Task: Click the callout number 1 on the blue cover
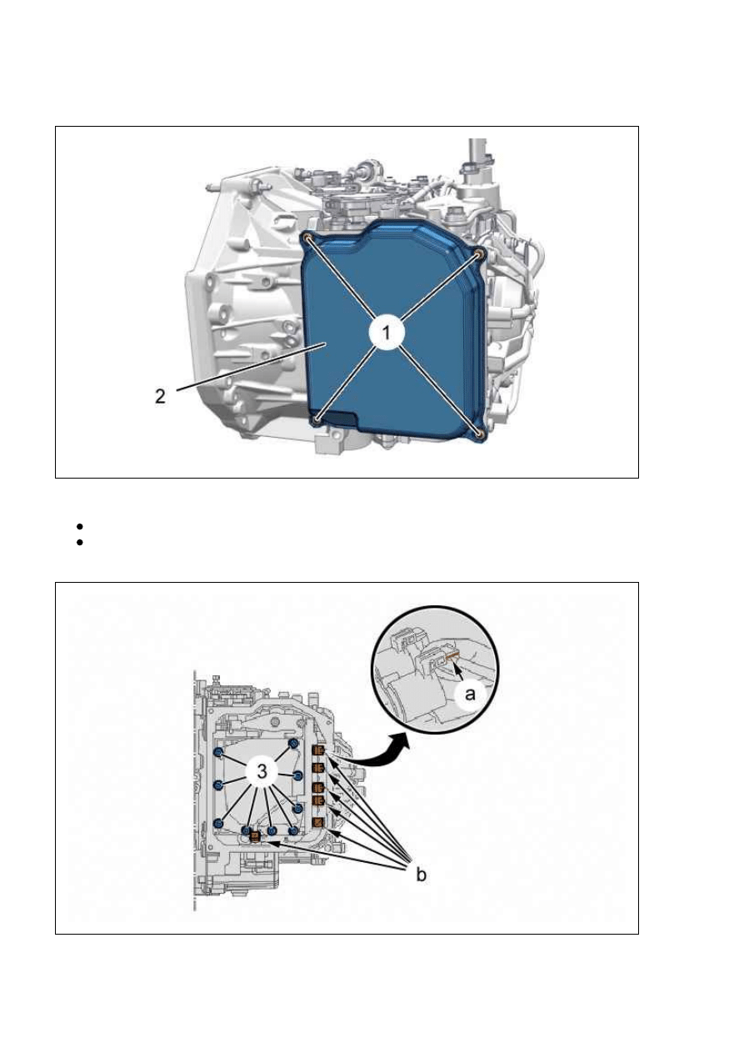pos(386,333)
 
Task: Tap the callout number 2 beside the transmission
pos(160,396)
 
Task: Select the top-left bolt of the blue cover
pos(307,238)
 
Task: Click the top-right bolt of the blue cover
pos(478,254)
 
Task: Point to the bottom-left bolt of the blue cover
pos(317,419)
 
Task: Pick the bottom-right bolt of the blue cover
pos(479,433)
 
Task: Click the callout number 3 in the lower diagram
pos(262,771)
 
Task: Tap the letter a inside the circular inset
pos(470,694)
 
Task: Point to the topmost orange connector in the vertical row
pos(318,751)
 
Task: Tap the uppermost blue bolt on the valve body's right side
pos(293,743)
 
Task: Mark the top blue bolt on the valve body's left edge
pos(218,753)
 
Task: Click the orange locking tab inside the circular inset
pos(452,654)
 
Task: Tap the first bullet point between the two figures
pos(79,526)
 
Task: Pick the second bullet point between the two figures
pos(79,543)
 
